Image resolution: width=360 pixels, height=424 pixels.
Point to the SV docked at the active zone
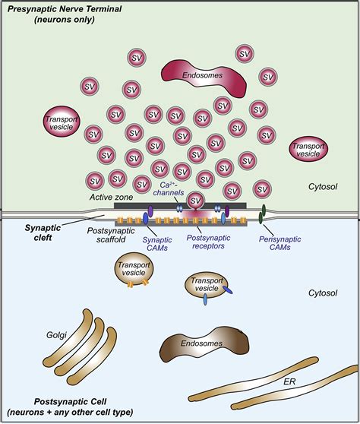tap(196, 201)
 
